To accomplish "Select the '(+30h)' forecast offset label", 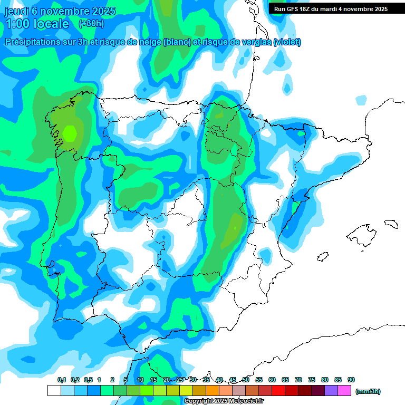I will tap(91, 23).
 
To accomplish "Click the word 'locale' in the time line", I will tap(51, 24).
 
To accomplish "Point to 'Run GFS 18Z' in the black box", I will tap(294, 8).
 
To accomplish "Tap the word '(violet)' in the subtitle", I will tap(287, 42).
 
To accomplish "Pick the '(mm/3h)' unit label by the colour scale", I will tap(368, 391).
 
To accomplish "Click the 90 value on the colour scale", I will tap(351, 380).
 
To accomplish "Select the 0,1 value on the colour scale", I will tap(62, 380).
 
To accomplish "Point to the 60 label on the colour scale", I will tap(272, 380).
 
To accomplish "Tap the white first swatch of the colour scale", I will tap(54, 391).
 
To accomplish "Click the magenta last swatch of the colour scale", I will tap(344, 391).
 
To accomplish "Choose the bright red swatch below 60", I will tap(278, 391).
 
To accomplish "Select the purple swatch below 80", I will tap(331, 391).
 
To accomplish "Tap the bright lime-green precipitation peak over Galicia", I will tap(70, 133).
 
